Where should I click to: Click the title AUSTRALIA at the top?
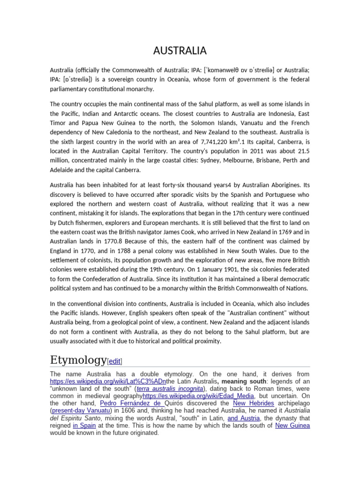[x=180, y=51]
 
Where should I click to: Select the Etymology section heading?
[x=78, y=360]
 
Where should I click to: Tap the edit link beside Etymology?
[x=115, y=361]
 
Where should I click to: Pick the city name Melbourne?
[x=233, y=160]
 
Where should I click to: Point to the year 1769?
[x=287, y=232]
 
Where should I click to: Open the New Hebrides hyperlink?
[x=254, y=403]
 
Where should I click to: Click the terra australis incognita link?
[x=170, y=389]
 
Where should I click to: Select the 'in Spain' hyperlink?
[x=84, y=426]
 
